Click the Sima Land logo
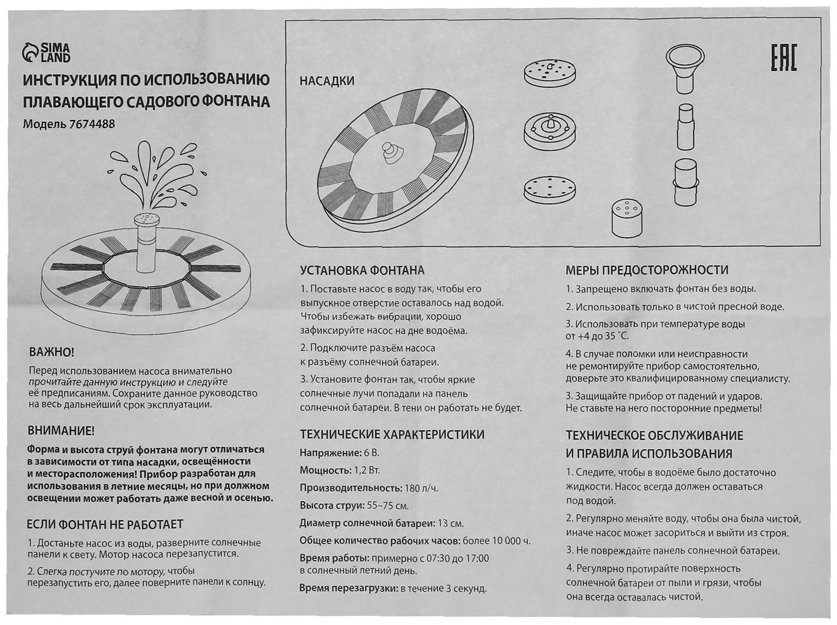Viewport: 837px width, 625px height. tap(47, 52)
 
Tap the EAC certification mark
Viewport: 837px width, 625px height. tap(783, 57)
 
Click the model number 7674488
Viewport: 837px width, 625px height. tap(92, 124)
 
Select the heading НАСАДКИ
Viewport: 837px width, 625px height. tap(327, 81)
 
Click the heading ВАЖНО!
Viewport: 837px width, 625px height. tap(51, 352)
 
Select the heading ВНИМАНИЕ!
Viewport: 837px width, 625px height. tap(61, 431)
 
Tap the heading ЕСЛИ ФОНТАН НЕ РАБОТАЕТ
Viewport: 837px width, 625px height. tap(105, 524)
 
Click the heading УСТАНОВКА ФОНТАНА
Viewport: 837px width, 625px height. tap(362, 270)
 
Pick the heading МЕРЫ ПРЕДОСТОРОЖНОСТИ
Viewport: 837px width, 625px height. tap(647, 270)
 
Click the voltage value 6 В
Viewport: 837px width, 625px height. tap(371, 453)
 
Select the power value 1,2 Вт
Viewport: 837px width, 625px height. tap(366, 470)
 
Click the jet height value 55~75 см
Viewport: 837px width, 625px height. tap(387, 506)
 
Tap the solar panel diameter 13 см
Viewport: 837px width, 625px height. tap(450, 523)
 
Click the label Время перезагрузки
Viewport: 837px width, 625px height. tap(348, 588)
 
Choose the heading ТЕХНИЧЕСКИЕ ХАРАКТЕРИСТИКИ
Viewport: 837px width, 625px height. tap(392, 435)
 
